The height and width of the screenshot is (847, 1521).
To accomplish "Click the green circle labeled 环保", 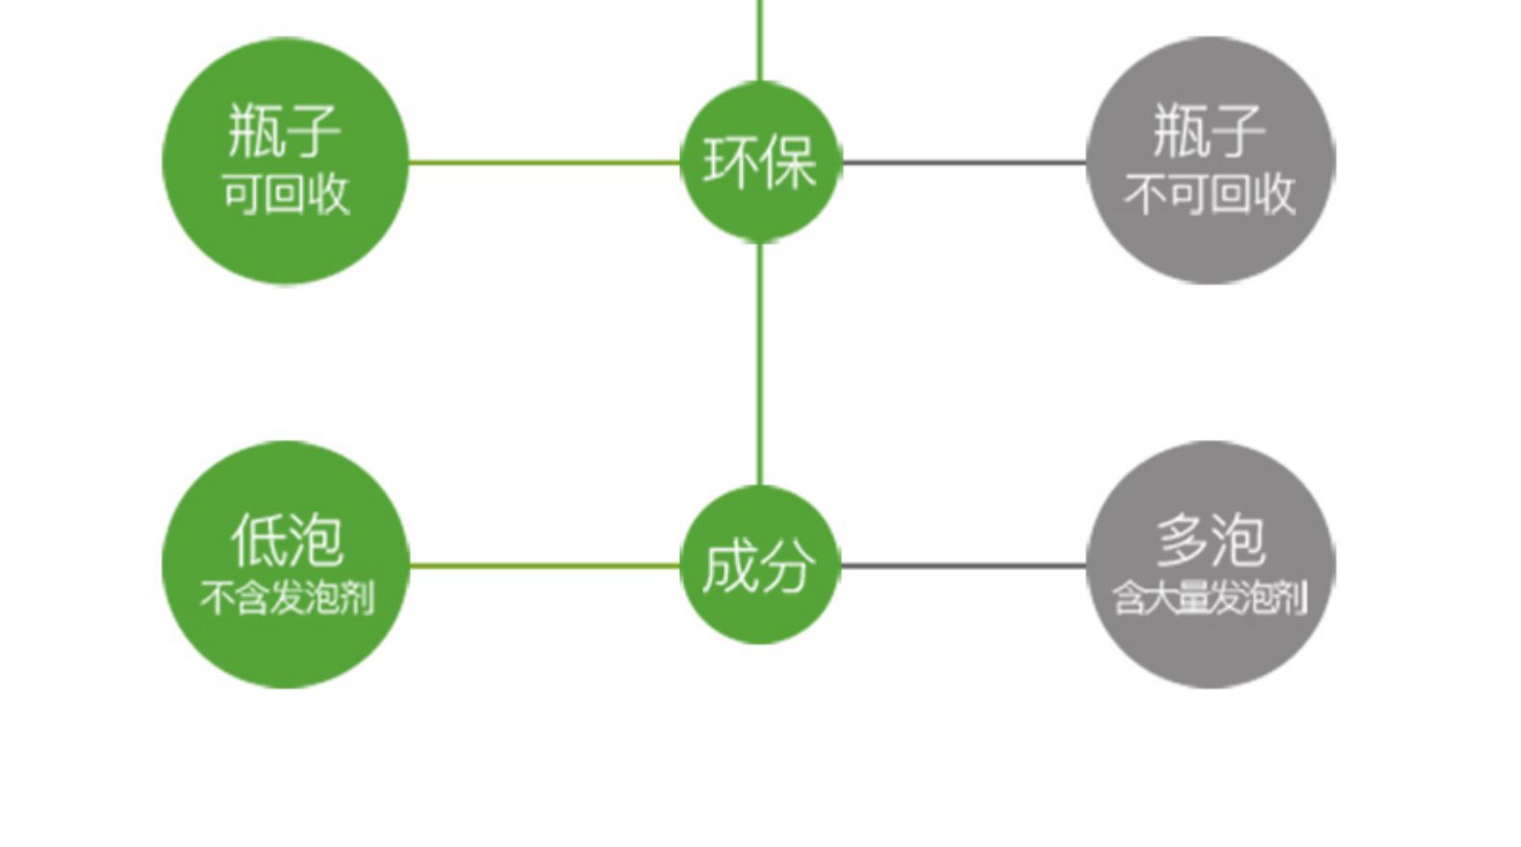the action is tap(760, 162).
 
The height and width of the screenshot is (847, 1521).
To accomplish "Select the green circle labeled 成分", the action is tap(760, 565).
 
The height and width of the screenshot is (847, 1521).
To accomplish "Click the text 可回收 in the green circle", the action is tap(286, 194).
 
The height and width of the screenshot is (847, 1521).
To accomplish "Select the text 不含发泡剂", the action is tap(287, 598).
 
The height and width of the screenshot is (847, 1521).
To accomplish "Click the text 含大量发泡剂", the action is tap(1210, 598).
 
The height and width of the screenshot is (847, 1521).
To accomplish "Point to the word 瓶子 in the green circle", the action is tap(284, 131).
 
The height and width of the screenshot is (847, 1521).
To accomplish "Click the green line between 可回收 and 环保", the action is tap(545, 162).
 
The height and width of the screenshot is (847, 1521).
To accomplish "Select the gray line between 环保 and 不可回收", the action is tap(964, 162).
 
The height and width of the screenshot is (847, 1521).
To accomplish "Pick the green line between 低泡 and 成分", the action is tap(545, 565).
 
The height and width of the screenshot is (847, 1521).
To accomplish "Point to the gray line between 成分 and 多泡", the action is tap(964, 565).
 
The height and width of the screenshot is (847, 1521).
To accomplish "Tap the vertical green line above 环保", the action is tap(760, 38).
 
